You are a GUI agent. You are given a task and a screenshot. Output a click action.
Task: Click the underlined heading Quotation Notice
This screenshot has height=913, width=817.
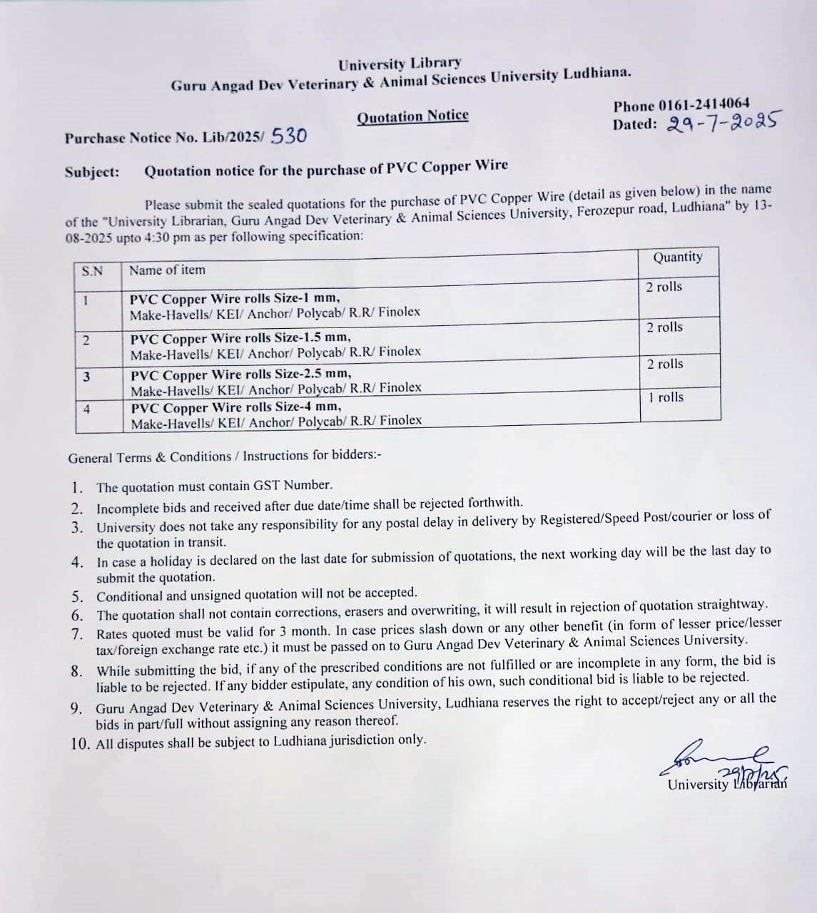(x=412, y=116)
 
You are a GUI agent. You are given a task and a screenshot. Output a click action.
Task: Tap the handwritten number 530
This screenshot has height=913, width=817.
(x=289, y=136)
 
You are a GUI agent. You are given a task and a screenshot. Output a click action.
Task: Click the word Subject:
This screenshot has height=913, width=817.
(x=92, y=173)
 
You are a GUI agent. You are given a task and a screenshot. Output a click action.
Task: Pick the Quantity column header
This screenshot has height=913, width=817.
(x=677, y=257)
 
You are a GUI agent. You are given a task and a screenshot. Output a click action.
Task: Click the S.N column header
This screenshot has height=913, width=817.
(x=92, y=271)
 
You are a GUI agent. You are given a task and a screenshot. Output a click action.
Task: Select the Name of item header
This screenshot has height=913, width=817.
(x=167, y=270)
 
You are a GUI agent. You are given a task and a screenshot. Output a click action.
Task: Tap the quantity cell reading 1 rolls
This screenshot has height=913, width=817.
(x=666, y=397)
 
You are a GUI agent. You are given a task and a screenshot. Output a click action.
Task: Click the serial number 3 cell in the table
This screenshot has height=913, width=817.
(x=86, y=376)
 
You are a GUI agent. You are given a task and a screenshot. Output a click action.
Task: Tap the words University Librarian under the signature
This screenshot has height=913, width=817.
(x=726, y=784)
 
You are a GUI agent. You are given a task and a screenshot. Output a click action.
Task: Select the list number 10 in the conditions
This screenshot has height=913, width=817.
(x=81, y=743)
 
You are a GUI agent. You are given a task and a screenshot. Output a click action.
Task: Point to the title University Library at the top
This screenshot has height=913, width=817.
(x=400, y=64)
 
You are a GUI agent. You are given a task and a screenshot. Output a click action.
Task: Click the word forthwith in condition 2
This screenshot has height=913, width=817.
(x=494, y=503)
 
